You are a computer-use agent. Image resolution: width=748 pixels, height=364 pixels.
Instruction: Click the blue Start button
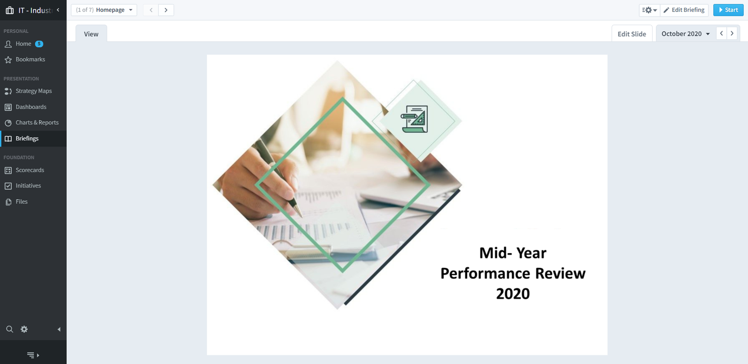click(x=728, y=10)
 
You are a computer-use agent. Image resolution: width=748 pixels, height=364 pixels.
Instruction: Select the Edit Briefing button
click(x=684, y=10)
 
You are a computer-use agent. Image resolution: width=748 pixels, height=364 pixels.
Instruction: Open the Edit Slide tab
click(x=632, y=34)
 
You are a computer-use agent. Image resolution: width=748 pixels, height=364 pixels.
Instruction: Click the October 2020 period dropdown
click(x=685, y=34)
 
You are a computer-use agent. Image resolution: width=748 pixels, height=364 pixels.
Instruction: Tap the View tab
click(x=91, y=34)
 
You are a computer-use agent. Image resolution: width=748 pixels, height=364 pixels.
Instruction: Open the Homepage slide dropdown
click(x=104, y=10)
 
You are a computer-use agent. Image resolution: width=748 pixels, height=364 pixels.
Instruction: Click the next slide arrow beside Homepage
click(x=166, y=10)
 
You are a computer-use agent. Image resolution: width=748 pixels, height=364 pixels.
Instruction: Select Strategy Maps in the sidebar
click(x=33, y=91)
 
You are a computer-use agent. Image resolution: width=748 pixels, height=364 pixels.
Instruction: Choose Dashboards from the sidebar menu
click(x=31, y=107)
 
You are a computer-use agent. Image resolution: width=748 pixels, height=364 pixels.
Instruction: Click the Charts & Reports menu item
click(x=37, y=123)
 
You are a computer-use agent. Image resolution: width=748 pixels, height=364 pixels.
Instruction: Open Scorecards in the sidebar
click(x=30, y=170)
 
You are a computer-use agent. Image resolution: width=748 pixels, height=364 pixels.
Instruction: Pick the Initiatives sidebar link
click(x=28, y=186)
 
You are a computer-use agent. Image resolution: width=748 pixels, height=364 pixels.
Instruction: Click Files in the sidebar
click(x=22, y=202)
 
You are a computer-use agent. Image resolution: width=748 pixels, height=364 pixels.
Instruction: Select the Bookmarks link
click(x=30, y=59)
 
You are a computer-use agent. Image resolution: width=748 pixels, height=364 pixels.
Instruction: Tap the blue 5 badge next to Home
click(x=39, y=44)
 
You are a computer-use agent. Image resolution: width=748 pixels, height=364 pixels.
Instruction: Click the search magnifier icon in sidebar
click(x=10, y=329)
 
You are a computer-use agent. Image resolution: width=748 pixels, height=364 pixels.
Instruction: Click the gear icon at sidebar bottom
click(x=24, y=329)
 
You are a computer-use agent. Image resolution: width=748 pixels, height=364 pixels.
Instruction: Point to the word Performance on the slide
click(x=485, y=273)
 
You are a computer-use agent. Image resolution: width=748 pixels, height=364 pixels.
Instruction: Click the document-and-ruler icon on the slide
click(x=414, y=119)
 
